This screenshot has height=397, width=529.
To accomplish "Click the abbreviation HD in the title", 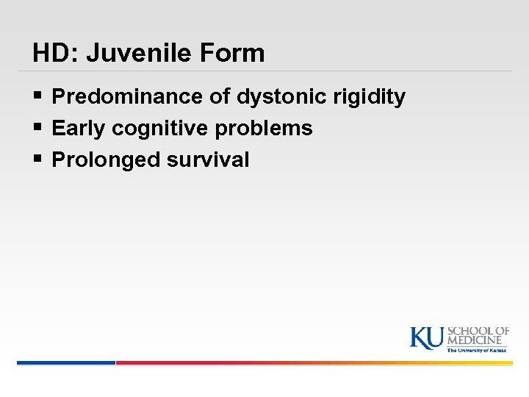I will tap(48, 53).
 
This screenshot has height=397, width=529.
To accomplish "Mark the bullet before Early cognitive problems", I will tap(38, 129).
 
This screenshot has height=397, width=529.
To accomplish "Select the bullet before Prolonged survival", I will tap(38, 160).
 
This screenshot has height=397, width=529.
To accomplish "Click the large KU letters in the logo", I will tap(427, 337).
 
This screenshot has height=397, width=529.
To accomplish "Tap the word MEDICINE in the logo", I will tap(478, 340).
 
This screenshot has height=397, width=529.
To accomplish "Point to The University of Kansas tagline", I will tap(477, 350).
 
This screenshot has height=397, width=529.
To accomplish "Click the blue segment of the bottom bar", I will tap(66, 362).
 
